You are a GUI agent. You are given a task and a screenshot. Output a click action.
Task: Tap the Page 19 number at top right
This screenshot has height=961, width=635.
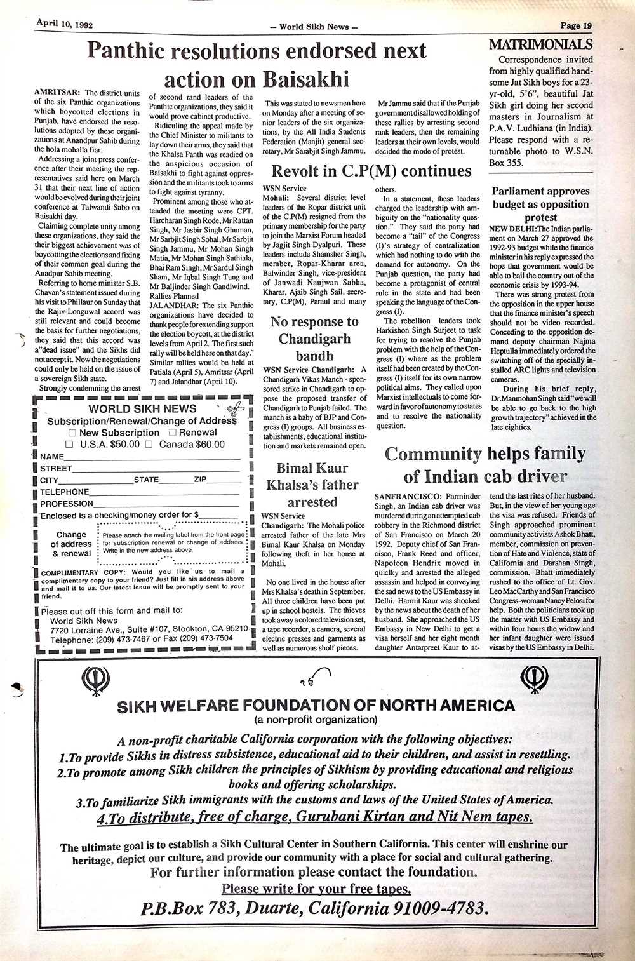[576, 26]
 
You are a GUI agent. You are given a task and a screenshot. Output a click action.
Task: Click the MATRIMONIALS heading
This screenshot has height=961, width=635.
[541, 44]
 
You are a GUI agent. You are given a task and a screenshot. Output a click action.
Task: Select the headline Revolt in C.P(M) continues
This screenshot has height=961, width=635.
[371, 171]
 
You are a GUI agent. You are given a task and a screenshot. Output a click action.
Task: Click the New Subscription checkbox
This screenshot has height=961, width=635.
[72, 433]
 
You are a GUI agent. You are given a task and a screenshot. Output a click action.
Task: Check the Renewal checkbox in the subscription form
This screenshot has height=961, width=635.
[172, 433]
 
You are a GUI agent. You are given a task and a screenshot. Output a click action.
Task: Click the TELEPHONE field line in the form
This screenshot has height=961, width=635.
[165, 492]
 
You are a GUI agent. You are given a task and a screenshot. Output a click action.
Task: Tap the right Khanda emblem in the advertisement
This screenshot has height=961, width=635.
[534, 680]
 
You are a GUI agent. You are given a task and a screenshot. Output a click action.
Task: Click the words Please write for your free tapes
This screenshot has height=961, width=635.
[316, 888]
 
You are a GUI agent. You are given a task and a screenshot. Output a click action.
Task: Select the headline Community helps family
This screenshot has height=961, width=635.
[485, 454]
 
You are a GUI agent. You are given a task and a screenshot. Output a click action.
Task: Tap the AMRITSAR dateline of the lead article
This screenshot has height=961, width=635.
[57, 93]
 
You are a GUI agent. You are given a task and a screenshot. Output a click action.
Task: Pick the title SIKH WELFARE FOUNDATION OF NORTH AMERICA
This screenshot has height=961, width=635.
[316, 706]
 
